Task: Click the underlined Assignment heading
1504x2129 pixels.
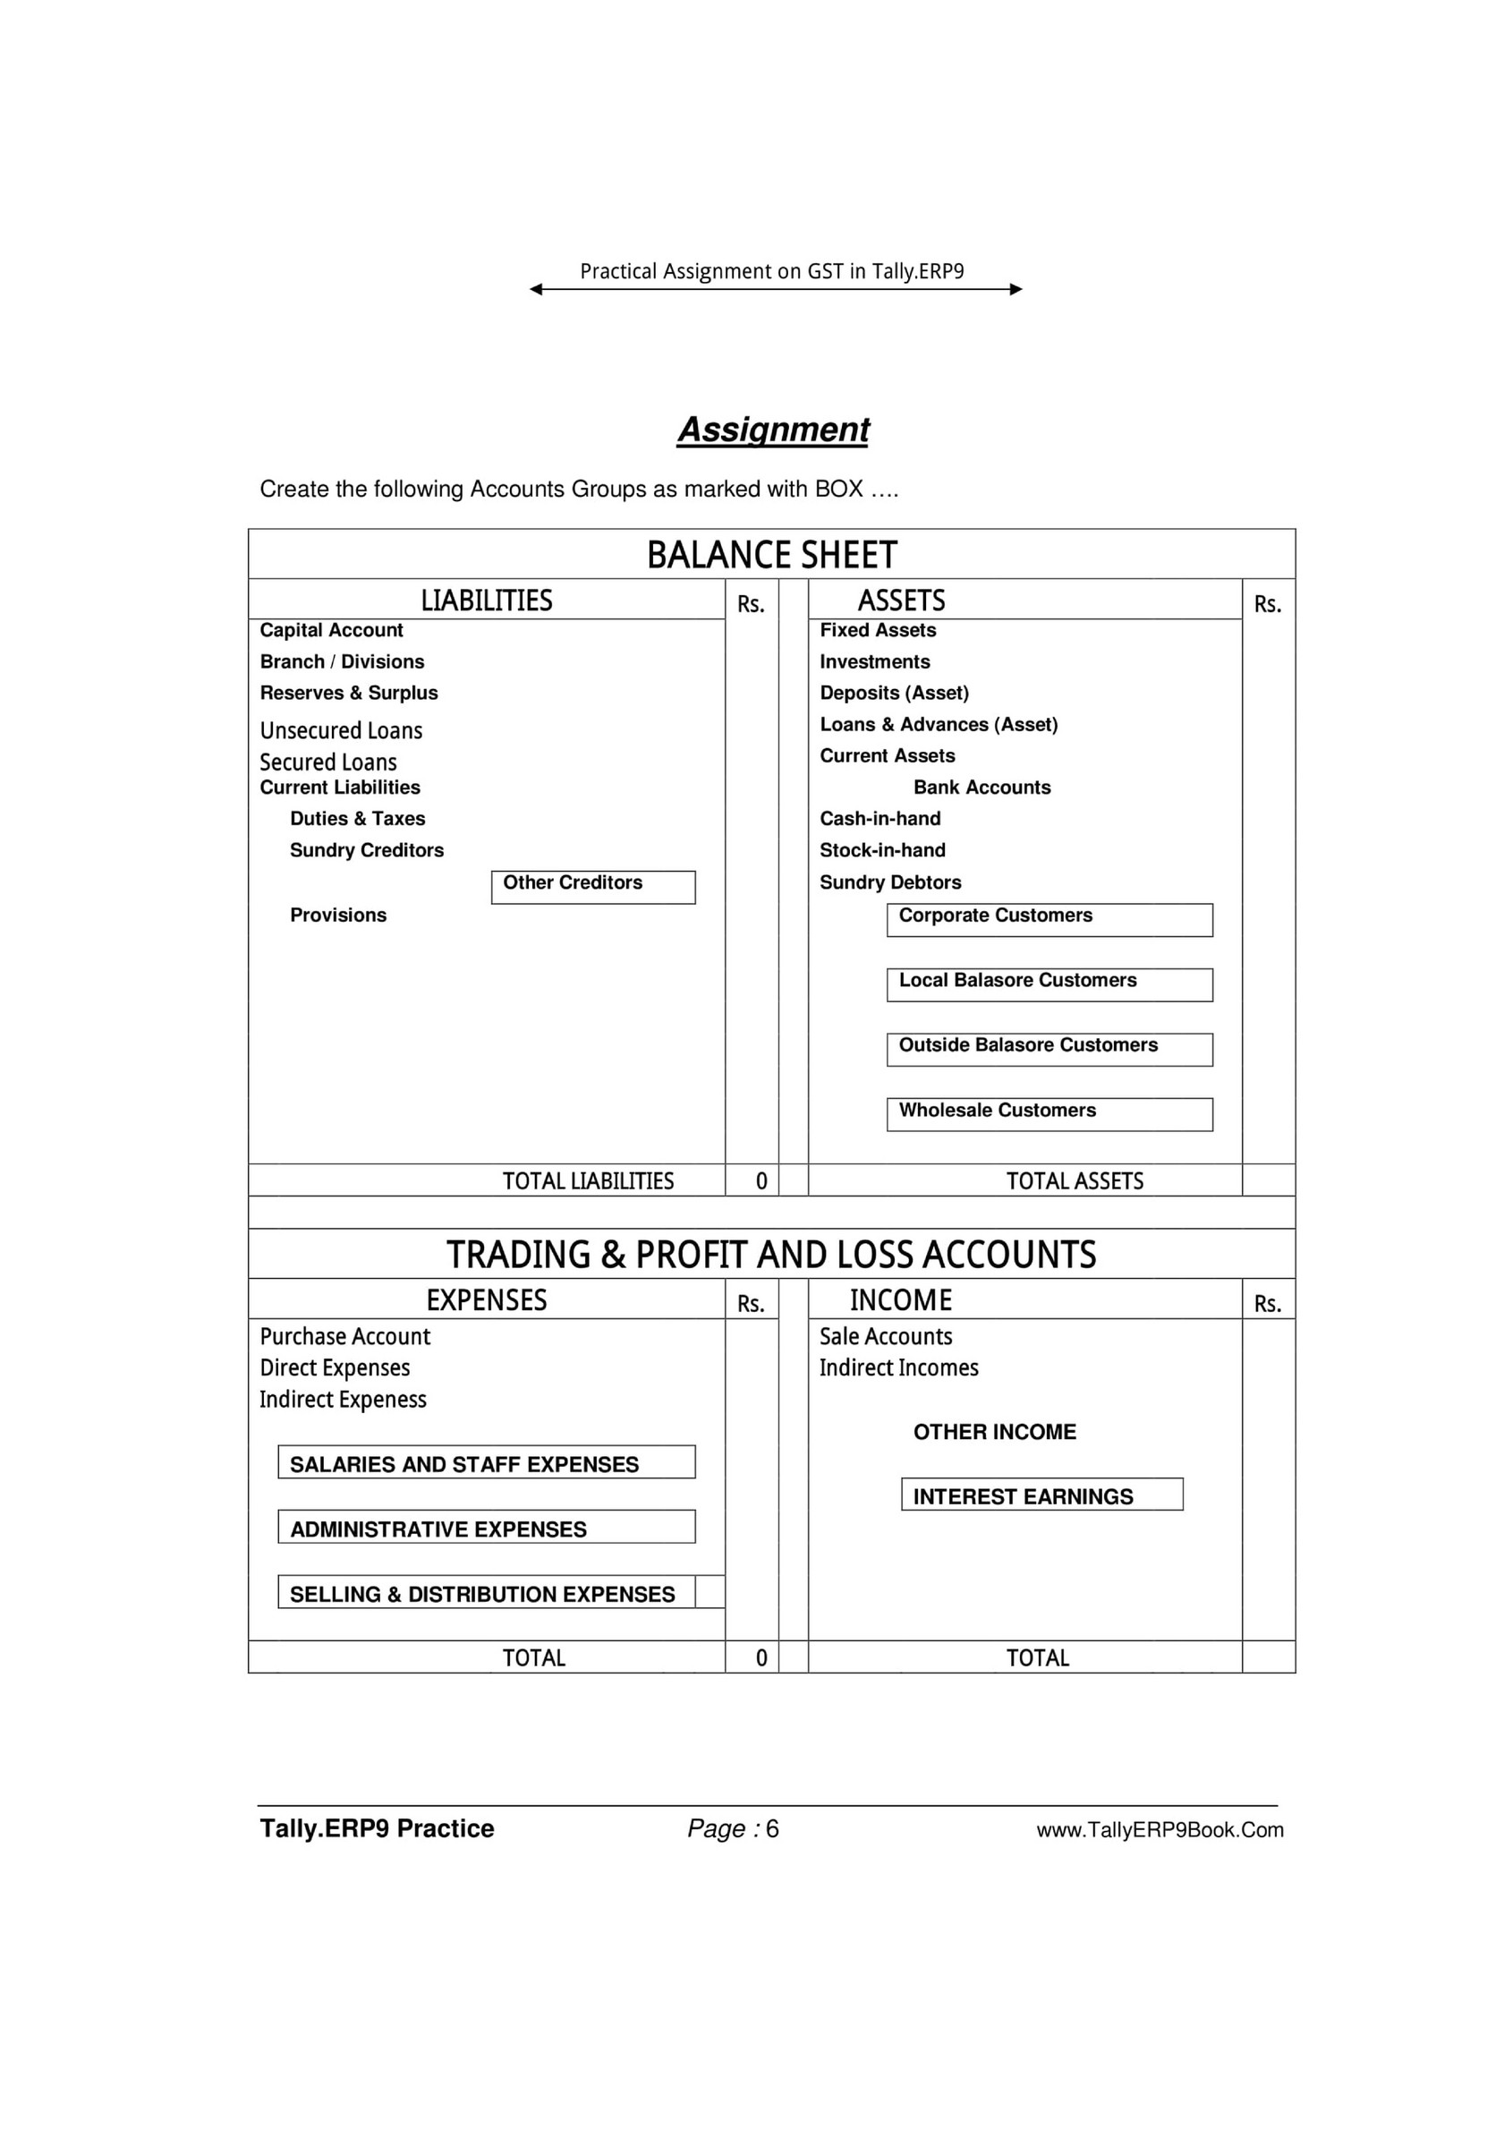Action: point(772,430)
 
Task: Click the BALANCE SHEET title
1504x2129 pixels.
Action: point(771,555)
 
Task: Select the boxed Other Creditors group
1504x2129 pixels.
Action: point(592,887)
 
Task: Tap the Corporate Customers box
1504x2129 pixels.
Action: point(1049,919)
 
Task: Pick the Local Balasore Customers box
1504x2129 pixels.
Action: point(1049,984)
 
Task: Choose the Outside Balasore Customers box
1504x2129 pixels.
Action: point(1049,1049)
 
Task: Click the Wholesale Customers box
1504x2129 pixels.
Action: point(1049,1113)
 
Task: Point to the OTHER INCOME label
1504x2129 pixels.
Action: point(994,1432)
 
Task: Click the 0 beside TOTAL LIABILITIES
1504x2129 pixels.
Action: point(761,1180)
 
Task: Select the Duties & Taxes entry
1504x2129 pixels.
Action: point(357,818)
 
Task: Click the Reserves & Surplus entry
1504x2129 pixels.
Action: point(349,693)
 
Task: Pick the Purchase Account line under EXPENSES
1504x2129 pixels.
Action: point(345,1336)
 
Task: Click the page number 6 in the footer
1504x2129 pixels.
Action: point(772,1828)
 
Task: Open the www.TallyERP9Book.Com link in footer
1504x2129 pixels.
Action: point(1159,1829)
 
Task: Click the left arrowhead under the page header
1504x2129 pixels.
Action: point(536,289)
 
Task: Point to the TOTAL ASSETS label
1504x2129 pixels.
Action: point(1075,1180)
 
